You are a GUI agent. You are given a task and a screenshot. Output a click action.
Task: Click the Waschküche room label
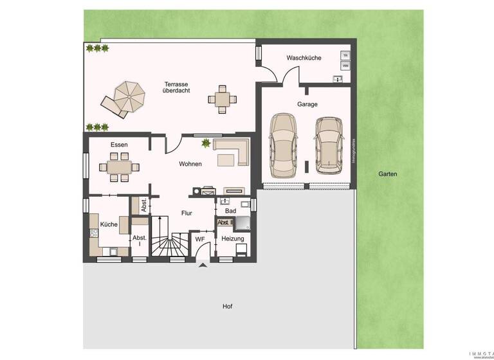pos(304,58)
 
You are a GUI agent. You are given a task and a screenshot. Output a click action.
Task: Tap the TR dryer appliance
pos(345,56)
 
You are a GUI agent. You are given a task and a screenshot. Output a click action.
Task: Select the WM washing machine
pos(345,66)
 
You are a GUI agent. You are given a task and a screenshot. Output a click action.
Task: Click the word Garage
pos(307,104)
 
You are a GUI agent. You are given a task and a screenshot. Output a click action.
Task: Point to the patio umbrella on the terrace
pos(129,98)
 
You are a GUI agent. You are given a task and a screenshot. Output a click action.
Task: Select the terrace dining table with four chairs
pos(222,99)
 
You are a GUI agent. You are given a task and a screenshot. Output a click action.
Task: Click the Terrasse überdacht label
pos(176,87)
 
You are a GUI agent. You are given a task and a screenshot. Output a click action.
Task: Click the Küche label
pos(108,224)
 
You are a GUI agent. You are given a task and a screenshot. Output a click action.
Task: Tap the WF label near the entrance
pos(200,239)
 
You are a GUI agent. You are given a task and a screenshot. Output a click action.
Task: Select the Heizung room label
pos(232,239)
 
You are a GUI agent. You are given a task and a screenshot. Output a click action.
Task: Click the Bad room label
pos(229,210)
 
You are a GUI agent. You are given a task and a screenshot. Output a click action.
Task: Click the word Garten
pos(387,174)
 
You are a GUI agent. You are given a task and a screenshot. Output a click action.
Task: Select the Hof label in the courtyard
pos(227,307)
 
